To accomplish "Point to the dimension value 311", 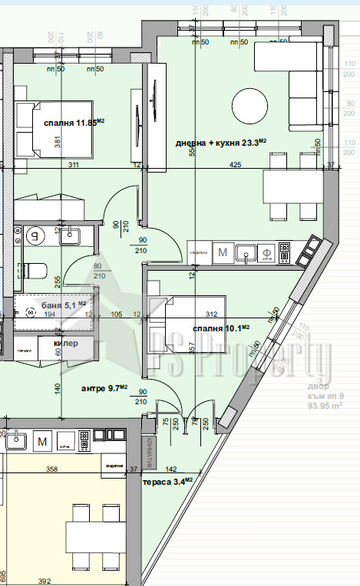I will tap(74, 164).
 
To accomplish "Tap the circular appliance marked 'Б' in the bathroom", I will tap(33, 236).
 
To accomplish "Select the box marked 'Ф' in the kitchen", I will tap(266, 251).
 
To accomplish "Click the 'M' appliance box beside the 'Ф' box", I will tap(223, 251).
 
